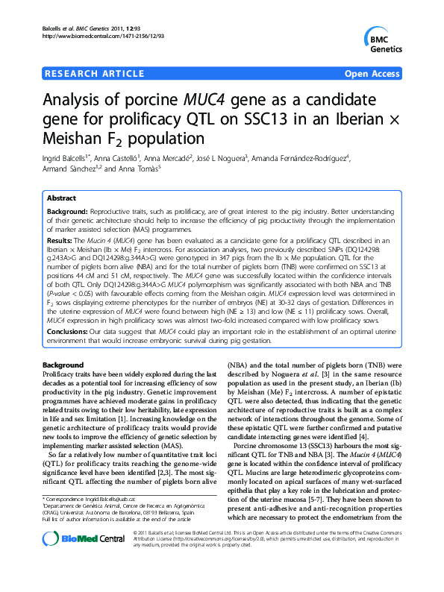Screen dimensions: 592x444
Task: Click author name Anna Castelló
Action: pyautogui.click(x=117, y=158)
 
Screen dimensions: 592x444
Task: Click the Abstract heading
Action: pyautogui.click(x=62, y=199)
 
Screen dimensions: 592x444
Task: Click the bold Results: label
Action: pyautogui.click(x=60, y=242)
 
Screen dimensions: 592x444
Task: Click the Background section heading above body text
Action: pyautogui.click(x=64, y=363)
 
